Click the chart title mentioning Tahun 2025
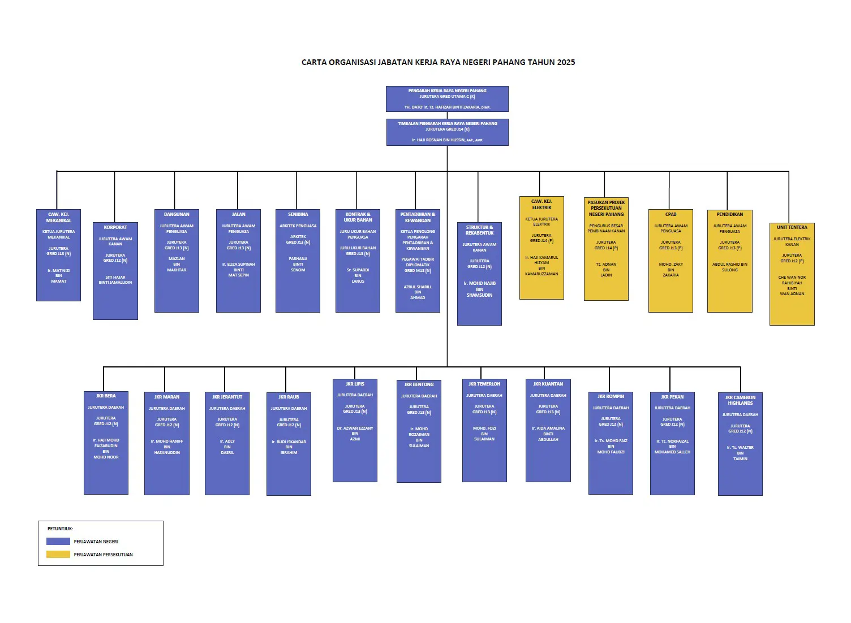(x=438, y=62)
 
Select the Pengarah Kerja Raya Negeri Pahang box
(x=447, y=99)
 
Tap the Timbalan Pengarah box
(x=447, y=132)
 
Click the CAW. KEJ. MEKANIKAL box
(x=59, y=255)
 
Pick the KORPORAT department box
(x=115, y=271)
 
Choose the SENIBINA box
(x=298, y=261)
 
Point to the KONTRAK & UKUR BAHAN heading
(x=358, y=217)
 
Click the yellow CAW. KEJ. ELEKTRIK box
(x=541, y=248)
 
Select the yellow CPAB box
(x=671, y=261)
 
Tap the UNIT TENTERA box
(x=792, y=274)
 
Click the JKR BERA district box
(x=106, y=443)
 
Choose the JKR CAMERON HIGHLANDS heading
(x=740, y=400)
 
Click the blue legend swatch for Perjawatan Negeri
(x=58, y=542)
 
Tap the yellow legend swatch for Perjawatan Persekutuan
(x=58, y=555)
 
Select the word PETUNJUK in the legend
(x=60, y=529)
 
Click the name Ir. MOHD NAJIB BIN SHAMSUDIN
(x=479, y=289)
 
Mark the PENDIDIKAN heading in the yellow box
(x=729, y=214)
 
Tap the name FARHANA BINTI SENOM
(x=298, y=264)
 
